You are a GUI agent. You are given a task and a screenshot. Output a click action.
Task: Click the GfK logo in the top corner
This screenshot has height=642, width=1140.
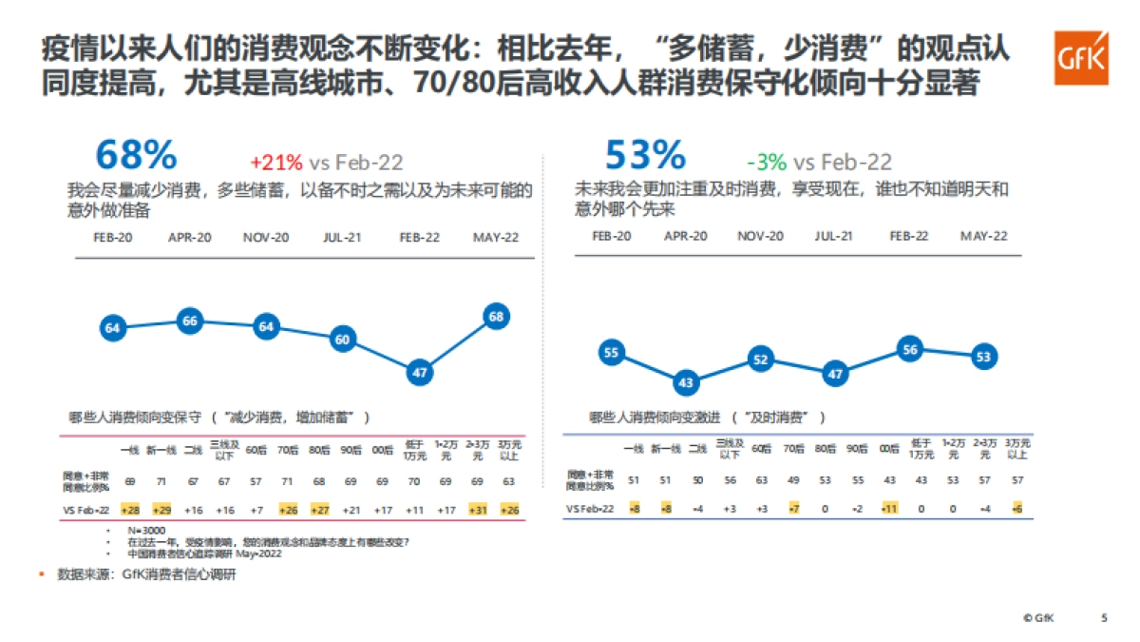1081,58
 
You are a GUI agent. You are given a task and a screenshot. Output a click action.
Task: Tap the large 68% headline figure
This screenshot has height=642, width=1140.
136,155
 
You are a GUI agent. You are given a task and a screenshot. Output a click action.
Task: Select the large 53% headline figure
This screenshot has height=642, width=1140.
645,155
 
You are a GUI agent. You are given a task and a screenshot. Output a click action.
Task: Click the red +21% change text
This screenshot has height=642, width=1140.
275,162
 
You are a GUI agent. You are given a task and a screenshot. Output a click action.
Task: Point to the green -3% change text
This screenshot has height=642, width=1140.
766,162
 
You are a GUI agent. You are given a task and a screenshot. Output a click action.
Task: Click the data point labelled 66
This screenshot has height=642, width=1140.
190,321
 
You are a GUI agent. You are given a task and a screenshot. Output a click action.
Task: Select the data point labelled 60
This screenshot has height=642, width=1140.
343,340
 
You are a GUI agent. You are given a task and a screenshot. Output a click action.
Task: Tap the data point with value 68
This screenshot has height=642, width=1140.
496,317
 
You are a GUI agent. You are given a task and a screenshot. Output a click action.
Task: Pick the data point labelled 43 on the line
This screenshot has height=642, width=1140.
687,382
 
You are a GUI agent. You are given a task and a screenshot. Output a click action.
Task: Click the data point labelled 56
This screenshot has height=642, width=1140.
910,349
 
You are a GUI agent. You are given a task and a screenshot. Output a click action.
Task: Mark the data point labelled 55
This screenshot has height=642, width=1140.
611,353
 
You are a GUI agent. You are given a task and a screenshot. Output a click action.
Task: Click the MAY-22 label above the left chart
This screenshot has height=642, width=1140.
496,237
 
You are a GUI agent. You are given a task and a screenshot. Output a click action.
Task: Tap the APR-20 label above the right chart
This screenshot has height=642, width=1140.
686,236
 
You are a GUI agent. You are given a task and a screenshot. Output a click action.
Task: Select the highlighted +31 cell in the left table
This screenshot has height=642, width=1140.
478,510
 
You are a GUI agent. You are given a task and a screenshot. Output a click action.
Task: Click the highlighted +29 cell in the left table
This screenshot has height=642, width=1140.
161,510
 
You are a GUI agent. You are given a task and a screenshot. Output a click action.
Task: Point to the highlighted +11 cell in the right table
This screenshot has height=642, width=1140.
888,510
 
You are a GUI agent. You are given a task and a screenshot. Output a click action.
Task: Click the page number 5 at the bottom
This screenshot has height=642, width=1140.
1104,617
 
